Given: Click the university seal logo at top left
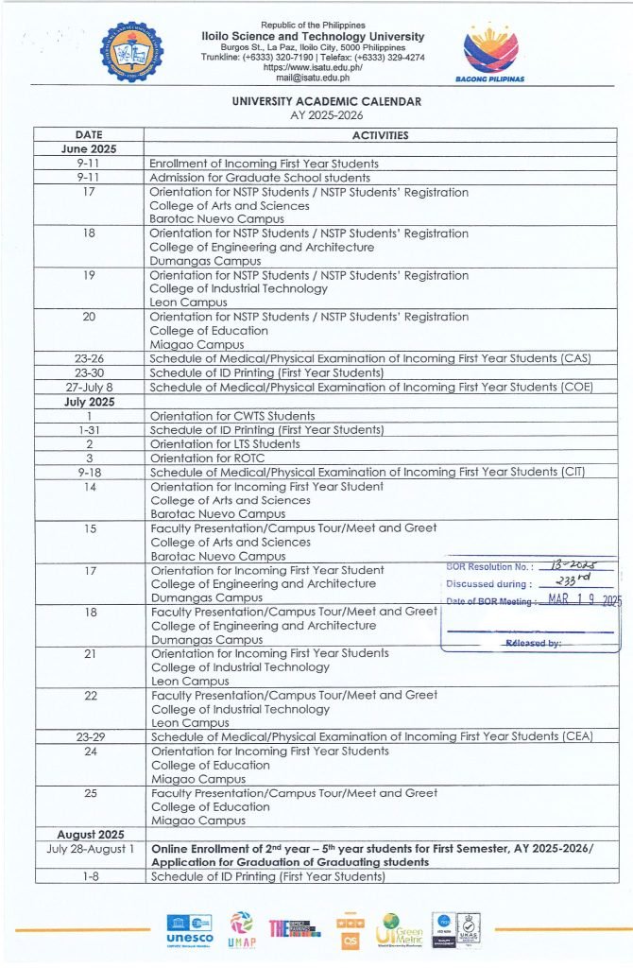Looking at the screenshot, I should tap(131, 54).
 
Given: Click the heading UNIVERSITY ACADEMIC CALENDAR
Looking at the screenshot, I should tap(327, 102).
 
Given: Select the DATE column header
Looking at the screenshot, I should tap(89, 135).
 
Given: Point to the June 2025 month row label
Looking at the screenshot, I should tap(89, 149).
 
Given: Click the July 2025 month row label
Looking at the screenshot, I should tap(89, 402).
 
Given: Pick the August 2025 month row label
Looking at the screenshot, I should tap(89, 835).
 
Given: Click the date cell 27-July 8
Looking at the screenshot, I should tap(89, 388).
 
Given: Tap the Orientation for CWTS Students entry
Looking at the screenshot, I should tap(232, 416).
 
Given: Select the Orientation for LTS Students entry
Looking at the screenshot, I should tap(225, 444).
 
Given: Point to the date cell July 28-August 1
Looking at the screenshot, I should tap(89, 849).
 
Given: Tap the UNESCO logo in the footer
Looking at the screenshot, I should tap(188, 928).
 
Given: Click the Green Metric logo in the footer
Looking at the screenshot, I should tap(400, 930).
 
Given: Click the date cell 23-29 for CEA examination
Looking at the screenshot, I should tap(89, 737).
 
